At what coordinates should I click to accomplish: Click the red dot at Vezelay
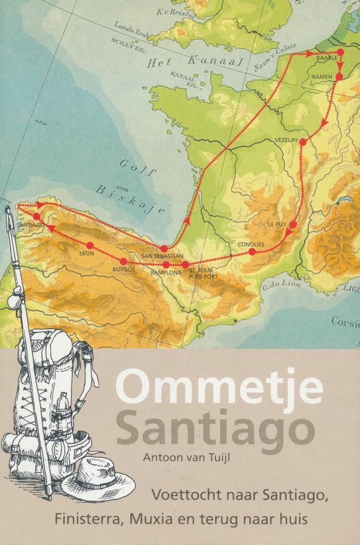click(302, 142)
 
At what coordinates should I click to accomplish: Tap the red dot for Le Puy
click(293, 225)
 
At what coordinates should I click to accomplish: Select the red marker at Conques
click(252, 251)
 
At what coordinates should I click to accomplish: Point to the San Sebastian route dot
click(164, 249)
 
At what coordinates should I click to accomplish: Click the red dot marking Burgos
click(124, 261)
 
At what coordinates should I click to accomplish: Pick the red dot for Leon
click(90, 245)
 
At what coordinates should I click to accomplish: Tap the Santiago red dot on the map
click(36, 217)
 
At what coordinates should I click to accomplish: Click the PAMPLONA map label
click(167, 272)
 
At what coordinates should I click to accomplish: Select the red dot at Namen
click(339, 77)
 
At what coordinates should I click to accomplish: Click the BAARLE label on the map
click(326, 58)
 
